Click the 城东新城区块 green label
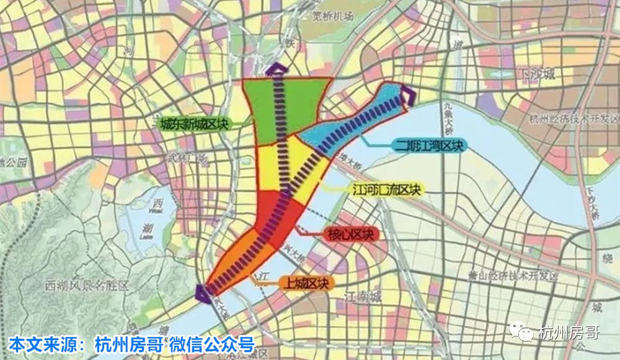click(195, 124)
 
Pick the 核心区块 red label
click(350, 235)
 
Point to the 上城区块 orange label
click(306, 283)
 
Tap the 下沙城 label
click(536, 75)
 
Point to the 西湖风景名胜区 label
click(86, 286)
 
